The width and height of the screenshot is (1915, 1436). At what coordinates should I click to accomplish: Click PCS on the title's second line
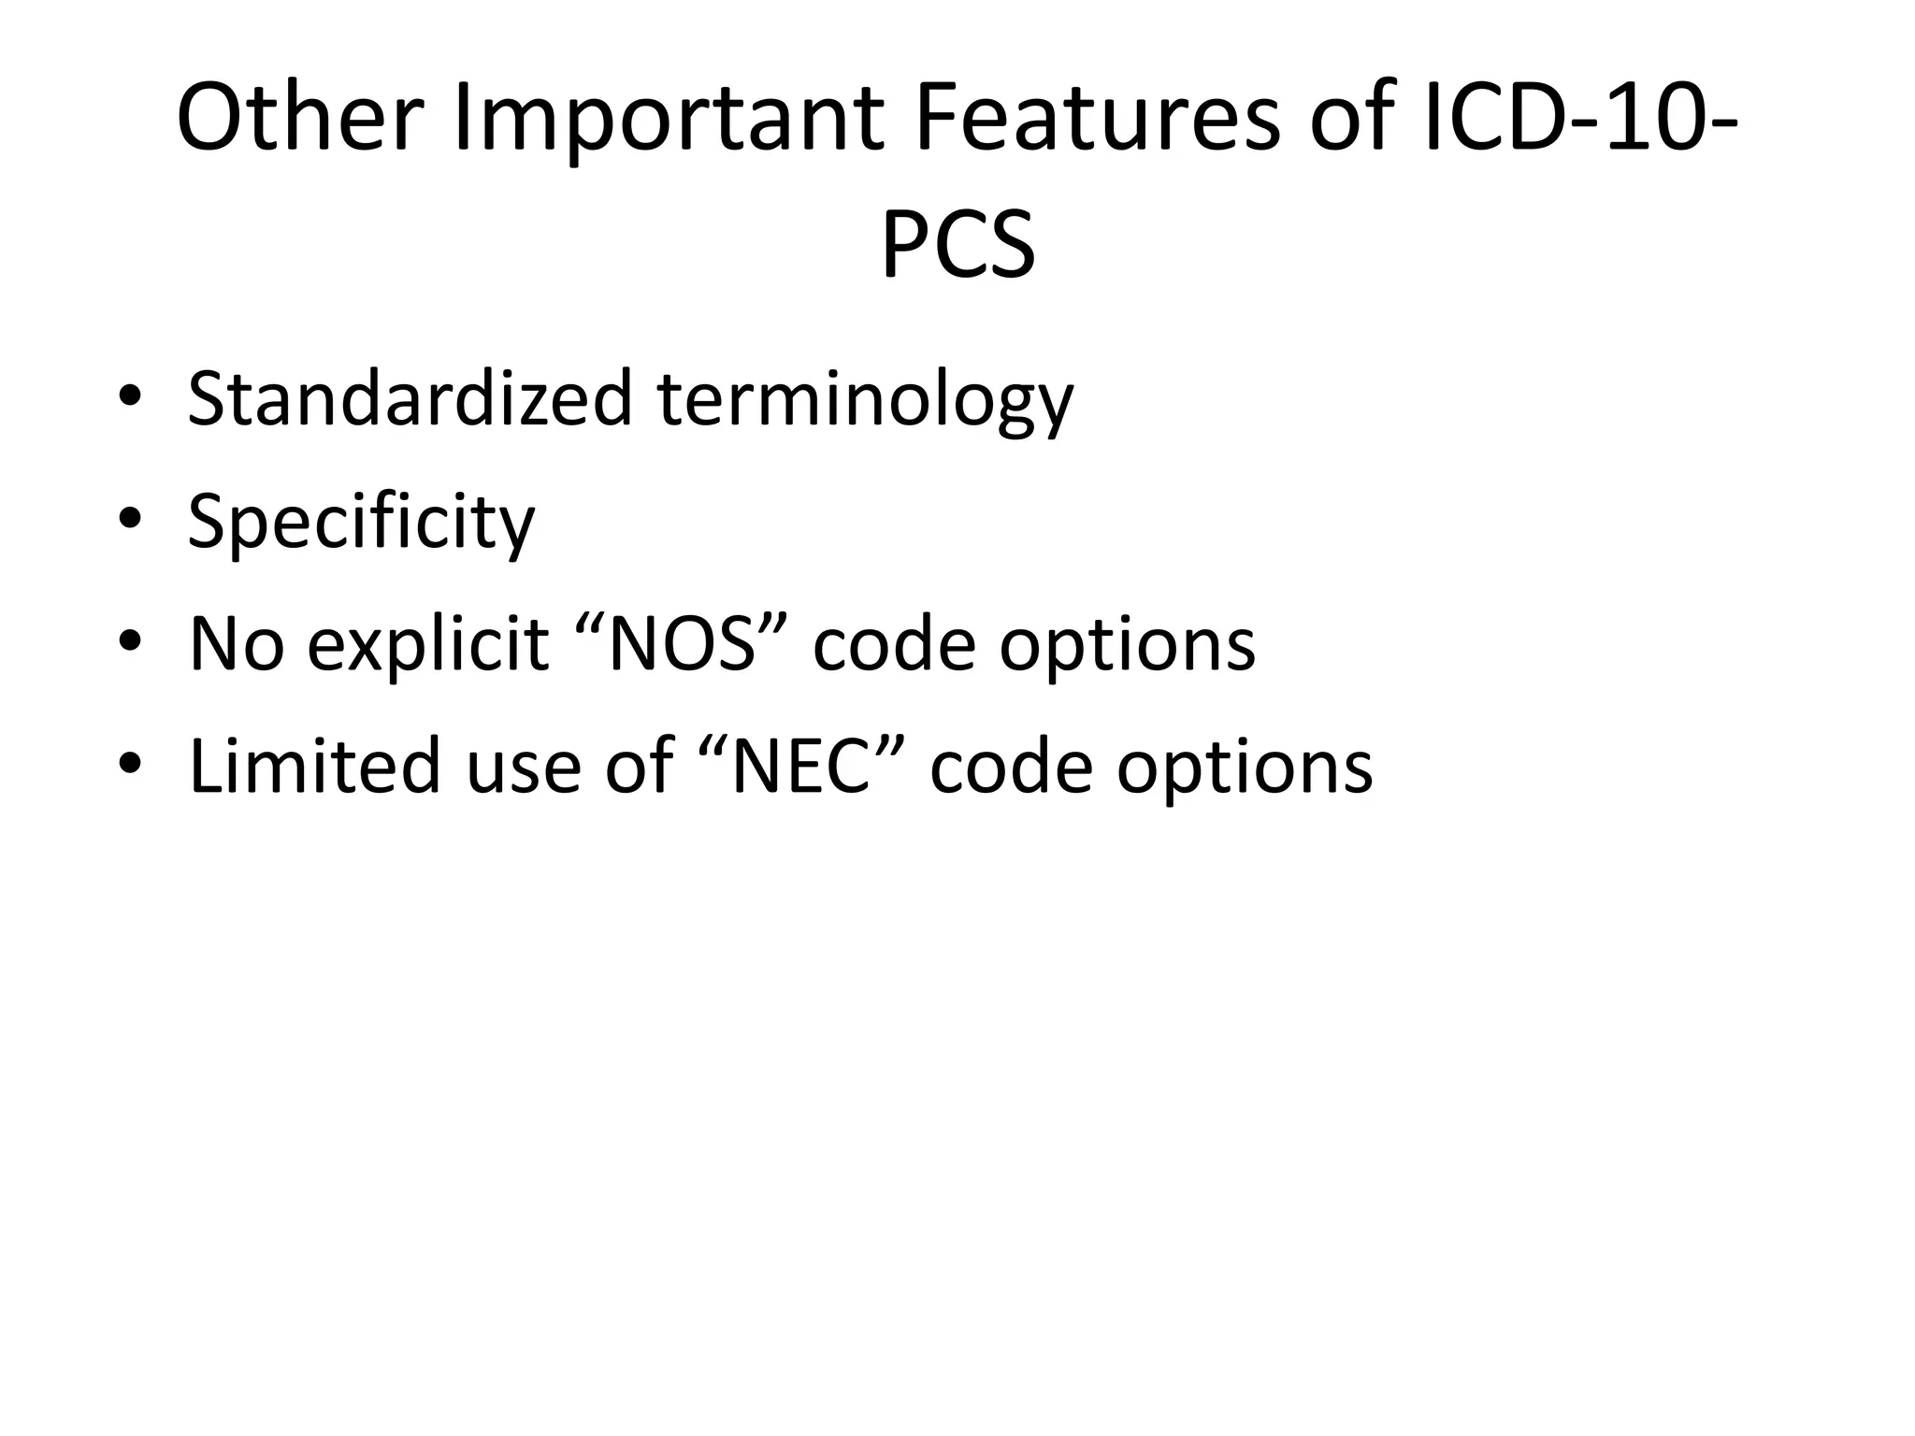pos(957,245)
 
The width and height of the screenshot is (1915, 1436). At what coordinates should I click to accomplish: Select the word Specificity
pos(361,522)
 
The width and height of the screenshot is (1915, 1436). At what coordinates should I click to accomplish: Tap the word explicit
pos(427,645)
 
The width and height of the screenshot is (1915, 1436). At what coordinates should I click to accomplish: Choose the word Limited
pos(314,765)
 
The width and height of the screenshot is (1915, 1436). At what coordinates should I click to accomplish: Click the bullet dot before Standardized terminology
pos(130,397)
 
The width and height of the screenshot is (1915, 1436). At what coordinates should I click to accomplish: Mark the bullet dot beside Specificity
pos(130,520)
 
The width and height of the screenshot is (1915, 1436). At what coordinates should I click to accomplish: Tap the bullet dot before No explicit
pos(130,642)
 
